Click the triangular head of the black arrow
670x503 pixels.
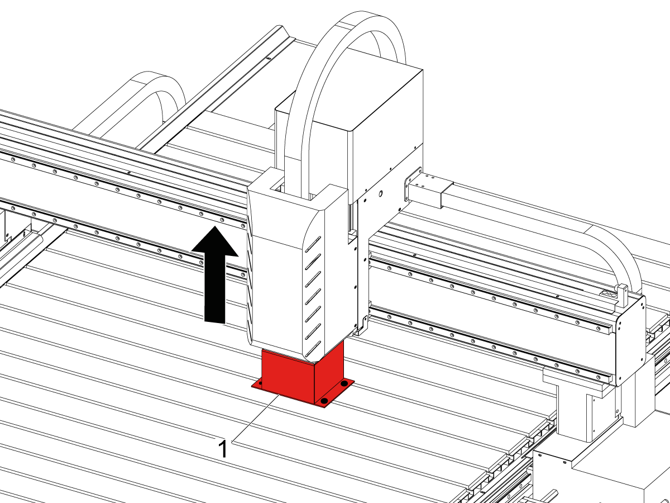(x=215, y=243)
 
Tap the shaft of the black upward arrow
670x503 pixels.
(x=215, y=288)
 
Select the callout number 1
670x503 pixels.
(x=223, y=449)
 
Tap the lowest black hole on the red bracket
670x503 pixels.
(x=325, y=400)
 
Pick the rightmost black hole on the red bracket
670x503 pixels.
(x=344, y=383)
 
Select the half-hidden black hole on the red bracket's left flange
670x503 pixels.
(x=260, y=383)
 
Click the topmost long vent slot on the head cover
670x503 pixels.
(x=313, y=244)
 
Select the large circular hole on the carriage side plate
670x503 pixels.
(x=380, y=193)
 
